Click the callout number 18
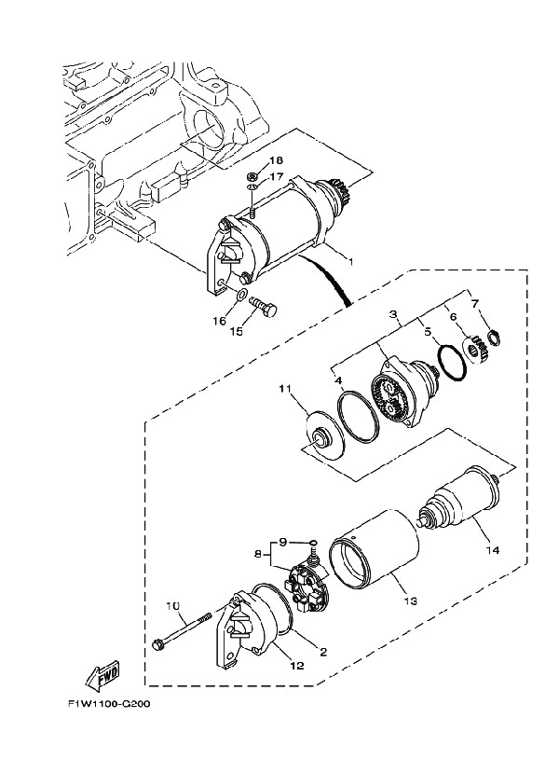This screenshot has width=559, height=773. click(x=276, y=160)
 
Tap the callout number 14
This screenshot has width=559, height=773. click(x=493, y=549)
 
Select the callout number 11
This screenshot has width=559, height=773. click(x=286, y=390)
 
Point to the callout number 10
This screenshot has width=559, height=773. click(x=173, y=606)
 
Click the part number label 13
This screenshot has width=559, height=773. click(x=411, y=600)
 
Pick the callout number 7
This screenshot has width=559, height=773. click(x=474, y=303)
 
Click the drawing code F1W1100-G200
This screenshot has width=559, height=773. click(x=109, y=703)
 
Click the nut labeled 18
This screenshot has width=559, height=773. click(x=251, y=176)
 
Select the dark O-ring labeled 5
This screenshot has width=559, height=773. click(x=453, y=364)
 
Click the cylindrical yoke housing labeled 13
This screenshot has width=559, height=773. click(x=375, y=551)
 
